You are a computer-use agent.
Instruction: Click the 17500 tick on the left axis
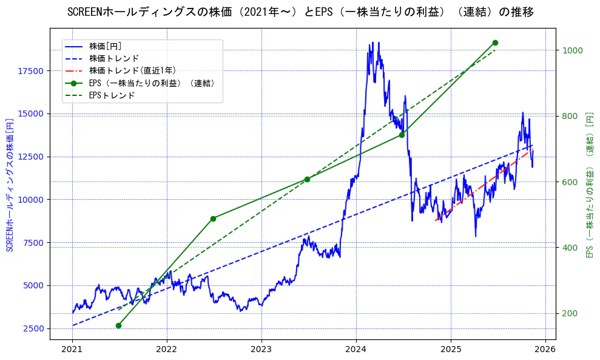[31, 71]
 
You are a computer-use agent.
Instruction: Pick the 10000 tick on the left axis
[31, 200]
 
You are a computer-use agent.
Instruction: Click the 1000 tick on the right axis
[573, 50]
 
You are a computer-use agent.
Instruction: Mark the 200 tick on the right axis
[570, 313]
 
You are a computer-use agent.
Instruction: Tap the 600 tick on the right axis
[570, 182]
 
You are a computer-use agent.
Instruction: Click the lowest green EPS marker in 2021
[118, 325]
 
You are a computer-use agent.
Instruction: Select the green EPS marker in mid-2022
[213, 219]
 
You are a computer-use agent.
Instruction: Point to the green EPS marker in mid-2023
[307, 179]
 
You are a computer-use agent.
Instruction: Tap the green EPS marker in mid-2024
[402, 135]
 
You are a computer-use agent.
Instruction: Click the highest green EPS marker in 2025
[495, 42]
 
